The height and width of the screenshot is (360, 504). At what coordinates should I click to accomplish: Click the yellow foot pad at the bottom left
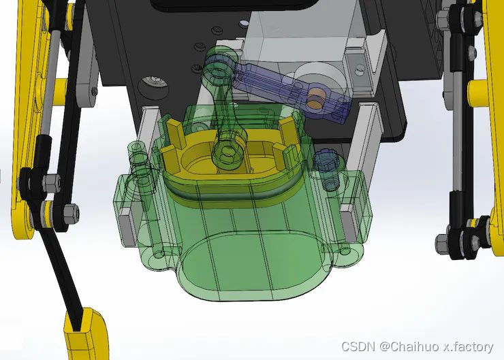[x=85, y=335]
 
